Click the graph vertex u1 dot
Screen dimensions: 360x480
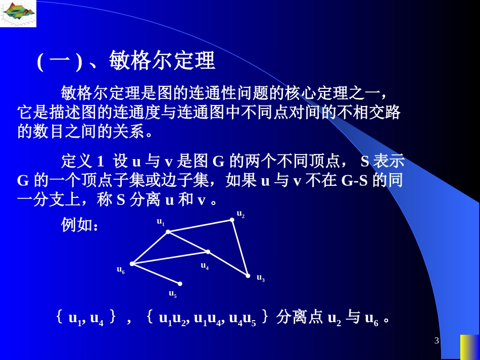[x=168, y=232]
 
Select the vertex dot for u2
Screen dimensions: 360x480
[x=232, y=220]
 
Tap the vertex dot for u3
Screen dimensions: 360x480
[x=248, y=276]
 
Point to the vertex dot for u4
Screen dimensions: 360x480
[x=208, y=251]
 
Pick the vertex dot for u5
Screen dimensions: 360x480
[x=179, y=284]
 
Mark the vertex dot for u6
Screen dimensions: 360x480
[x=132, y=264]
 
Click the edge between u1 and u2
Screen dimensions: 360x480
[x=200, y=226]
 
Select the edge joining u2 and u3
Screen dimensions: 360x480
[x=240, y=248]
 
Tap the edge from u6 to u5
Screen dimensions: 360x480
[x=156, y=274]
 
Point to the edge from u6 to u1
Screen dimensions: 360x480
[x=150, y=247]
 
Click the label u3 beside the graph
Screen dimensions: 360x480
[x=260, y=278]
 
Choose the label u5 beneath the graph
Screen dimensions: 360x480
[x=172, y=293]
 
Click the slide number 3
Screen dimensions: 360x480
[x=437, y=341]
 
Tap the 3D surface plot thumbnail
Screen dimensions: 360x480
[x=18, y=14]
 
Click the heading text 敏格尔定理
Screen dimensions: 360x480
[x=162, y=61]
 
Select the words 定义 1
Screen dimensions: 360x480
[x=82, y=162]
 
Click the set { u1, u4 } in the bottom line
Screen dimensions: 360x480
[x=86, y=319]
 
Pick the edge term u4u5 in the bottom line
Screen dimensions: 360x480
[x=242, y=319]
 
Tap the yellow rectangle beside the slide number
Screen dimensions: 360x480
[x=469, y=347]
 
